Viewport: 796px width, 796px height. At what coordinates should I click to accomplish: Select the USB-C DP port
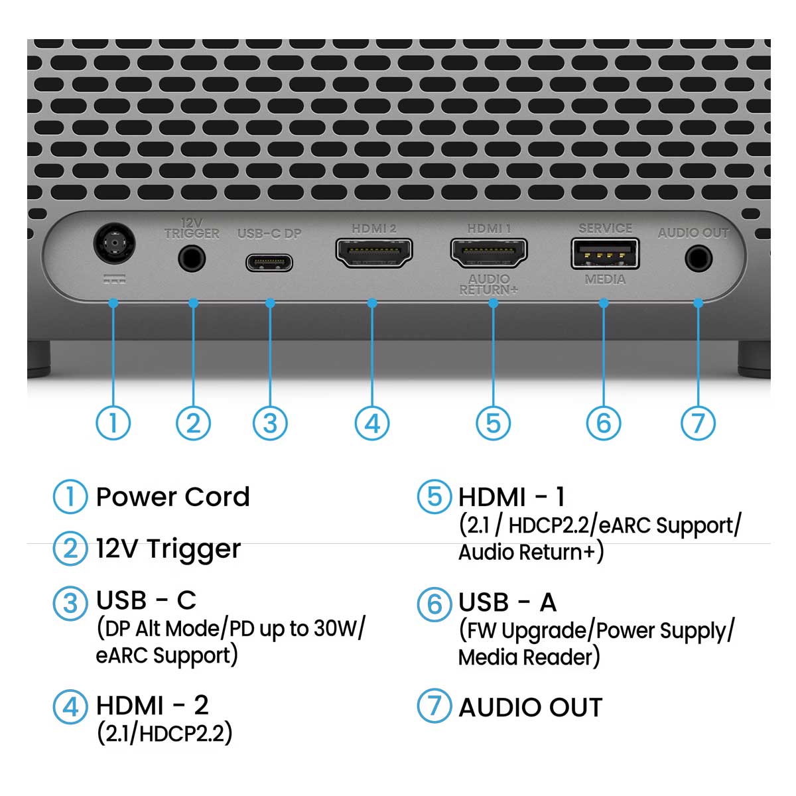269,262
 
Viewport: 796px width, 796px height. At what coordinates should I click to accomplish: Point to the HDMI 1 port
489,253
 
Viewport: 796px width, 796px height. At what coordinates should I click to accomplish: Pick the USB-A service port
605,254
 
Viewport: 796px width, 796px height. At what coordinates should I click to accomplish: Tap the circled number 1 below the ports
113,423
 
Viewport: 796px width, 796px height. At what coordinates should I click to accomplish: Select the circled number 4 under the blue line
372,423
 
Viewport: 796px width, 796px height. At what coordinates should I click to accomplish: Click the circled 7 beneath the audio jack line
698,423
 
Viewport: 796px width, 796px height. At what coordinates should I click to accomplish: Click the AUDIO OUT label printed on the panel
693,233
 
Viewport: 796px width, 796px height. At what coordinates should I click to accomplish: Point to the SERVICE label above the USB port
605,228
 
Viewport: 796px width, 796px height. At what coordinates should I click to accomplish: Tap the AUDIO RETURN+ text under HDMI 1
489,285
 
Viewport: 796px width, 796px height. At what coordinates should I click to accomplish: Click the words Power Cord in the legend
172,497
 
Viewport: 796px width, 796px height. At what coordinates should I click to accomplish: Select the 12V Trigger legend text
168,549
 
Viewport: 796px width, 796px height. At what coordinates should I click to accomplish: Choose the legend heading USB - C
146,600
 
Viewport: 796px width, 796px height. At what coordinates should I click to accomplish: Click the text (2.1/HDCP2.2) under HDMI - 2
165,733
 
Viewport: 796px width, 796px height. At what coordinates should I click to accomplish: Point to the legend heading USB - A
507,602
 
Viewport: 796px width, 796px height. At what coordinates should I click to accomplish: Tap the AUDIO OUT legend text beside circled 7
530,707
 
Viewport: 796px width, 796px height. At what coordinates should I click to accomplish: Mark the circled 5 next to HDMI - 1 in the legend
434,497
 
